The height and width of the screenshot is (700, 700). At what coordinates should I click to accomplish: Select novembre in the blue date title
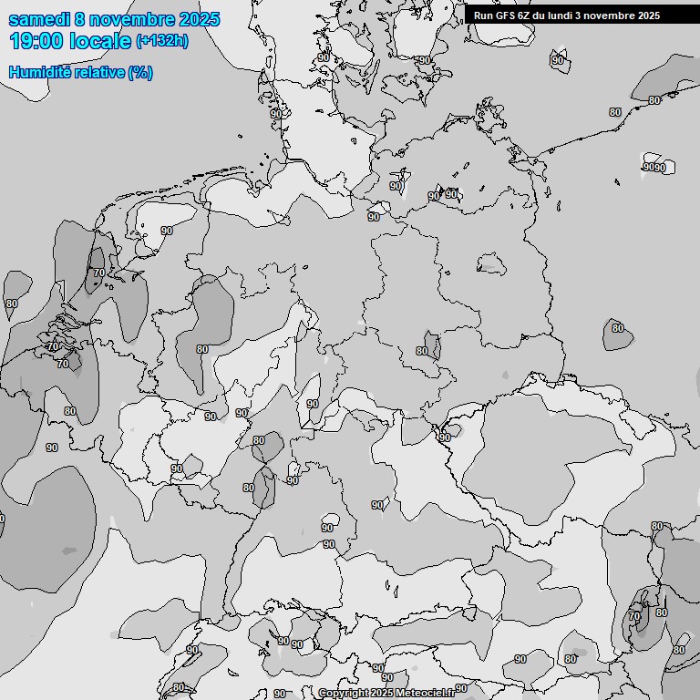tap(130, 19)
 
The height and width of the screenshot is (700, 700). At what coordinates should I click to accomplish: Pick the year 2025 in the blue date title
tap(198, 19)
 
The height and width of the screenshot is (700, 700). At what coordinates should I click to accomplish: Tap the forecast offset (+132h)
tap(162, 41)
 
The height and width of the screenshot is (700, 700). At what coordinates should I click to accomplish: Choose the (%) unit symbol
tap(140, 72)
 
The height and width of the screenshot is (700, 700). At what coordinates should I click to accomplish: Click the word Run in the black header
tap(484, 15)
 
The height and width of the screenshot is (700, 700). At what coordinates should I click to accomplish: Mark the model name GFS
tap(508, 15)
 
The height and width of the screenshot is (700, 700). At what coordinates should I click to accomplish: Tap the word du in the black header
tap(544, 15)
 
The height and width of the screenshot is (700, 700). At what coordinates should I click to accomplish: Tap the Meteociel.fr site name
tap(425, 693)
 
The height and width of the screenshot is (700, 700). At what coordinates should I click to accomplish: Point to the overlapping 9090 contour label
tap(654, 168)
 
